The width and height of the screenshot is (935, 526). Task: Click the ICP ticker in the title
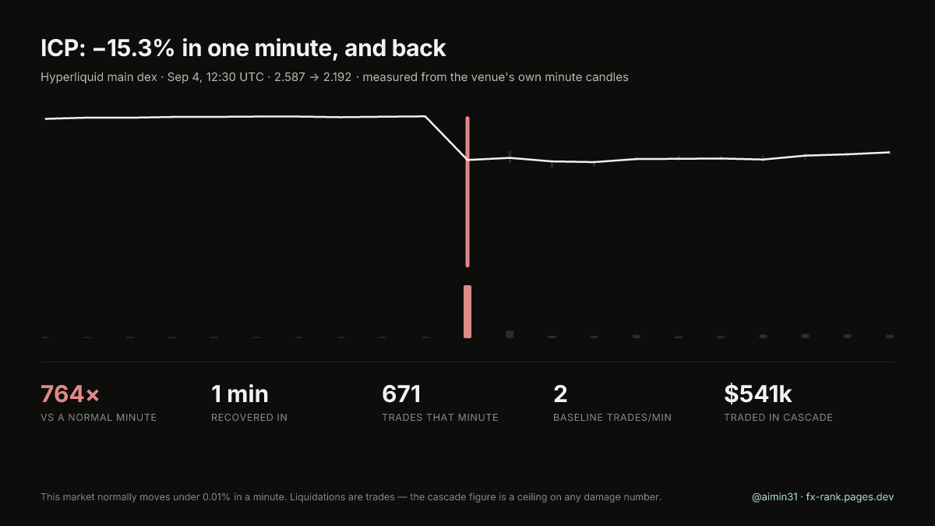(x=63, y=48)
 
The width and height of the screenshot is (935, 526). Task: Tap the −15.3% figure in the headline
(x=133, y=48)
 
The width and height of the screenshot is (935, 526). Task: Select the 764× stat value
(x=69, y=394)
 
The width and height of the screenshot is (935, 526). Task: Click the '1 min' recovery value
(x=240, y=394)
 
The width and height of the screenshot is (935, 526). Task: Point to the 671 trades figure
(x=401, y=394)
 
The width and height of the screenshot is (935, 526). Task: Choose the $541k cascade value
(x=757, y=394)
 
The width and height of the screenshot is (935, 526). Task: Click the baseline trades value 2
(x=560, y=394)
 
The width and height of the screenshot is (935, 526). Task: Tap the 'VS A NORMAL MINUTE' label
(x=98, y=418)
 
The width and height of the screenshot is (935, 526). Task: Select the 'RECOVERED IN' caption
(x=249, y=418)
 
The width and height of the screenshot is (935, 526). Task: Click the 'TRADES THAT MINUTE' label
(x=440, y=418)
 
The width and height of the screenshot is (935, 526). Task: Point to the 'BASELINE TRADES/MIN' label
(x=612, y=418)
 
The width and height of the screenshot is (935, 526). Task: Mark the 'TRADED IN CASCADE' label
(x=778, y=418)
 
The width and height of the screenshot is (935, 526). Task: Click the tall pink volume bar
(x=467, y=312)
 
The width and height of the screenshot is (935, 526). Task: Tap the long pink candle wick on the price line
(x=467, y=192)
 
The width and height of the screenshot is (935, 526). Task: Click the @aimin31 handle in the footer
(x=774, y=497)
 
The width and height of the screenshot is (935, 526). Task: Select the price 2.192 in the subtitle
(x=337, y=77)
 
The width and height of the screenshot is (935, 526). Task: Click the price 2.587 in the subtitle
(x=289, y=77)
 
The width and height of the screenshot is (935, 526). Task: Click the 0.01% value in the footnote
(x=217, y=497)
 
